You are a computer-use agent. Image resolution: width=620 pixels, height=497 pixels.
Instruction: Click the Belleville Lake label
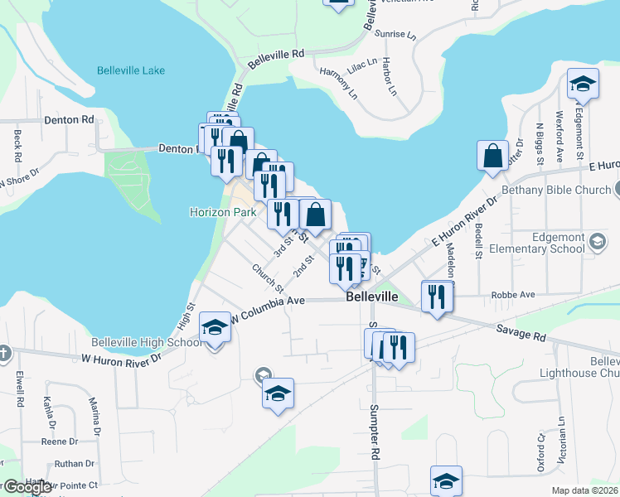tap(130, 70)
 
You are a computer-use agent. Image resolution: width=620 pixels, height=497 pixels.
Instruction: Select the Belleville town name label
tap(372, 297)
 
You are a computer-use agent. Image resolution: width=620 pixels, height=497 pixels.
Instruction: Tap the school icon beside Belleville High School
tap(215, 327)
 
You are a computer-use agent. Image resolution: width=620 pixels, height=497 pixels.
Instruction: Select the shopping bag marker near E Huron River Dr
tap(493, 156)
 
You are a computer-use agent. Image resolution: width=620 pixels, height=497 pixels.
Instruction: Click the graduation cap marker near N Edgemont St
tap(583, 84)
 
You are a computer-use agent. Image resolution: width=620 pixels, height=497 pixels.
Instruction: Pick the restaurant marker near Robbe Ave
tap(437, 296)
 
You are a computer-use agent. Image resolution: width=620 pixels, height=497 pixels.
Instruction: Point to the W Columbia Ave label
tap(269, 308)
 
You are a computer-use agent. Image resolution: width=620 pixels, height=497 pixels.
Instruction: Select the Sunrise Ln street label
tap(395, 35)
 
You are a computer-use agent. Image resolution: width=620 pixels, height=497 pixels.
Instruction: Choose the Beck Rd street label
tap(17, 146)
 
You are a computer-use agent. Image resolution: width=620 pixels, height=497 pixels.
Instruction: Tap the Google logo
tap(28, 487)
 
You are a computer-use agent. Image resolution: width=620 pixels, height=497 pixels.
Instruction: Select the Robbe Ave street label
tap(511, 293)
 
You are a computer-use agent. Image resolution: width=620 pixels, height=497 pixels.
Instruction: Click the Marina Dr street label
tap(94, 418)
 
